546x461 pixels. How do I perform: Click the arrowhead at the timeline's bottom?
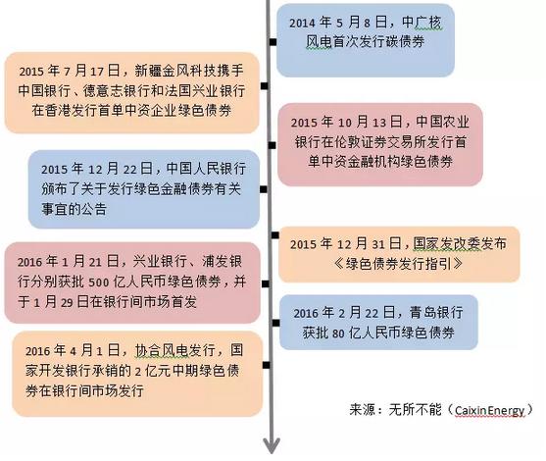(x=272, y=445)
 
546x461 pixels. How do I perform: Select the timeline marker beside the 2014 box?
(x=273, y=42)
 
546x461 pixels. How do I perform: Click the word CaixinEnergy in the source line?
(x=489, y=410)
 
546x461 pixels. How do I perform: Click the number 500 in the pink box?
(x=99, y=282)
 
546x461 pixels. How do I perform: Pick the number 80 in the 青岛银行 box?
(x=338, y=333)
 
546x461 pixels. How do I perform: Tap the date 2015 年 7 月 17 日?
(x=70, y=71)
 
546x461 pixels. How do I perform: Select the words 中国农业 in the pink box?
(x=442, y=122)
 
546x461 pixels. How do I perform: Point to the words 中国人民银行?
(x=206, y=169)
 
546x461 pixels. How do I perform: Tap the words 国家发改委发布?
(x=460, y=243)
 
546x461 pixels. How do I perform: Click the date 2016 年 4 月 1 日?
(x=73, y=350)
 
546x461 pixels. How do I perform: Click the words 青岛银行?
(x=436, y=313)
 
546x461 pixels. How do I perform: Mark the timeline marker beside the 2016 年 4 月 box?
(x=267, y=365)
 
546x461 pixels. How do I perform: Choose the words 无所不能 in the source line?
(x=415, y=410)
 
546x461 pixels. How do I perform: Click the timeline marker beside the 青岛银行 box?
(x=275, y=323)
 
